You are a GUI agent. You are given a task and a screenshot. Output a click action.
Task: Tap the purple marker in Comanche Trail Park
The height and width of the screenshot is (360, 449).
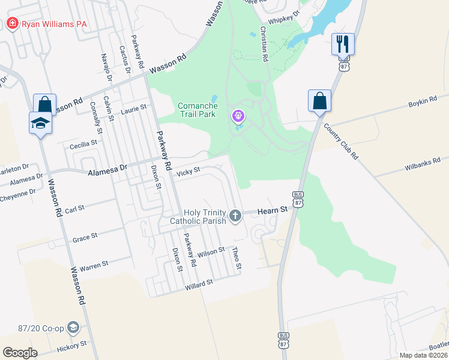coord(238,115)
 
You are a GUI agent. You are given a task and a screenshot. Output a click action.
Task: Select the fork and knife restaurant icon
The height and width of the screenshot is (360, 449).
coord(343,44)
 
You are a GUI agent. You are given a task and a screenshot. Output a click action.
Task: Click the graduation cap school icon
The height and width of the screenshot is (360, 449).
coord(40,123)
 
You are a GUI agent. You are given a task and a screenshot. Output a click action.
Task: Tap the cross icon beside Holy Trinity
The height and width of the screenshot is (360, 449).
coord(236,215)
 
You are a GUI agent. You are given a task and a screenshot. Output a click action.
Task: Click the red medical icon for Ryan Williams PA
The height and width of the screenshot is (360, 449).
coord(11,24)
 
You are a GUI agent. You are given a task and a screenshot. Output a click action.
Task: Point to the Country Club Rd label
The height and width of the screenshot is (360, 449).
coord(340,142)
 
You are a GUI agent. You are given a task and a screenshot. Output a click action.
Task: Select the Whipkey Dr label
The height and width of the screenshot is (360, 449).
coord(283,16)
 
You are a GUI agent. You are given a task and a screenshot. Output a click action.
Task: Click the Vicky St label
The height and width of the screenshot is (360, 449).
coord(188,173)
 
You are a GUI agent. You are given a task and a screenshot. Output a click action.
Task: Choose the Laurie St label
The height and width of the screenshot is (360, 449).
coord(133,109)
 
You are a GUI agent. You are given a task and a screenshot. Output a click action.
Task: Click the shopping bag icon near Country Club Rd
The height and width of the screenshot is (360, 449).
coord(319,101)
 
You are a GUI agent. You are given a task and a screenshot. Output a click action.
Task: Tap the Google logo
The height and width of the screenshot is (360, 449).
coord(20,353)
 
